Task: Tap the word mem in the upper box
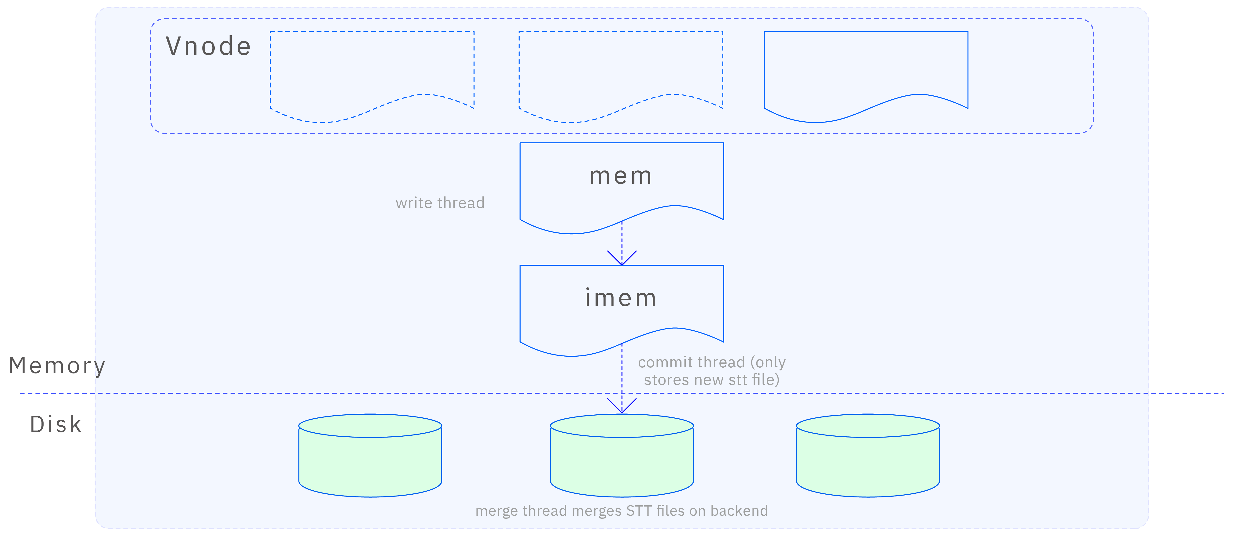point(621,176)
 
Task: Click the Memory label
point(56,366)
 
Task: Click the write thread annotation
point(439,203)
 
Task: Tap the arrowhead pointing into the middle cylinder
point(622,407)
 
